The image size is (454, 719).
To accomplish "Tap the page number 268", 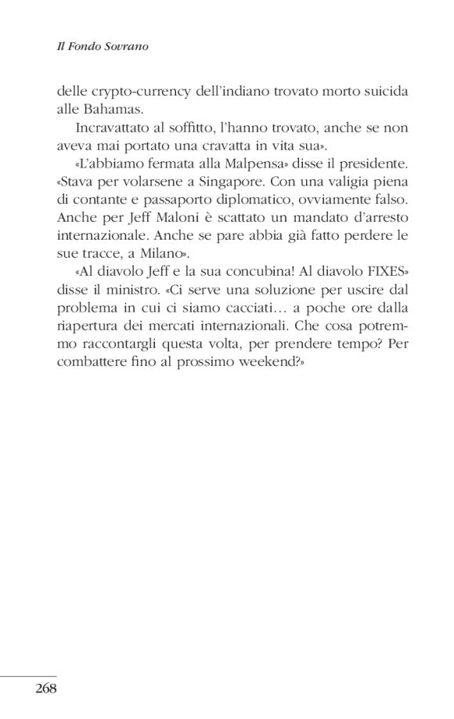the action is [46, 689].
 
